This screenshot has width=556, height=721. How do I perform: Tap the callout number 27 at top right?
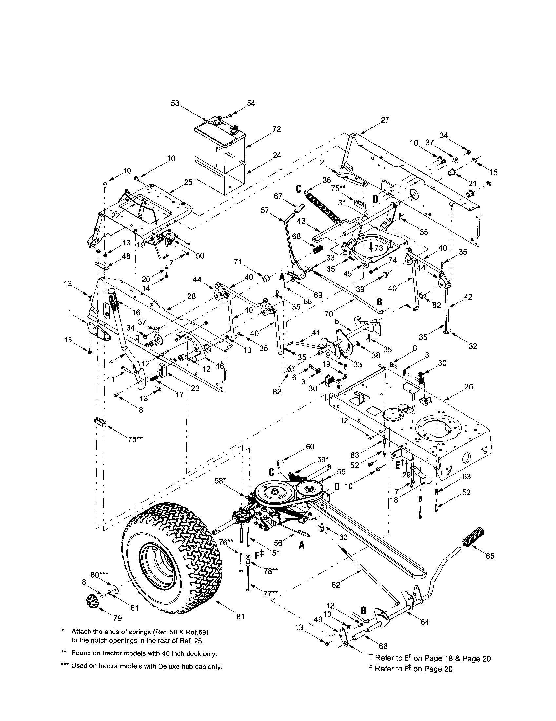click(x=385, y=120)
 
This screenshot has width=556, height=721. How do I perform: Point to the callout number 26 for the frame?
click(x=468, y=386)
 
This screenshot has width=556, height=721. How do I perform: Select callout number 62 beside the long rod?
click(x=335, y=585)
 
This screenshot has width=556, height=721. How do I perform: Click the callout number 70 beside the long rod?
click(x=328, y=313)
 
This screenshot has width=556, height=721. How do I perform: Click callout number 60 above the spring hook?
click(x=310, y=447)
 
